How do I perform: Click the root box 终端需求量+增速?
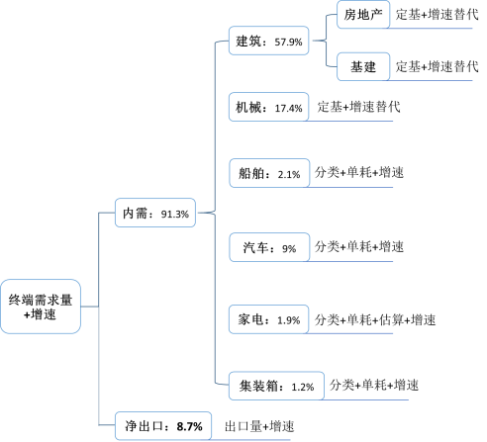(x=41, y=307)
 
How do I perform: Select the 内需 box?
(x=155, y=213)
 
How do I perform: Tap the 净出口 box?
(x=163, y=426)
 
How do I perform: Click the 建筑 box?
(x=268, y=41)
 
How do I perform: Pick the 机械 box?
(x=268, y=107)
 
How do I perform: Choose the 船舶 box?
(x=269, y=173)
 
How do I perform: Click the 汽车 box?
(x=269, y=247)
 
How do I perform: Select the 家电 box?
(x=268, y=319)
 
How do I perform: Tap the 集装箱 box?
(x=276, y=386)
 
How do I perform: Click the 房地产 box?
(x=363, y=15)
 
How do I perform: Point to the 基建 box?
(x=363, y=66)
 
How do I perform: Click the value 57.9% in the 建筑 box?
(x=288, y=42)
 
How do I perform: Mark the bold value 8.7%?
(x=189, y=426)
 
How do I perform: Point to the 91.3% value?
(x=175, y=215)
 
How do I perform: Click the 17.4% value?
(x=288, y=108)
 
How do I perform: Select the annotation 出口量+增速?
(x=259, y=426)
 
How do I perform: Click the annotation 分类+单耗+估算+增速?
(x=375, y=319)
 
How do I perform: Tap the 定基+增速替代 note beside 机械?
(x=358, y=107)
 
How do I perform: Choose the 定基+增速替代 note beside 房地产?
(x=437, y=14)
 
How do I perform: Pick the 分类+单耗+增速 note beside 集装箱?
(x=374, y=385)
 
